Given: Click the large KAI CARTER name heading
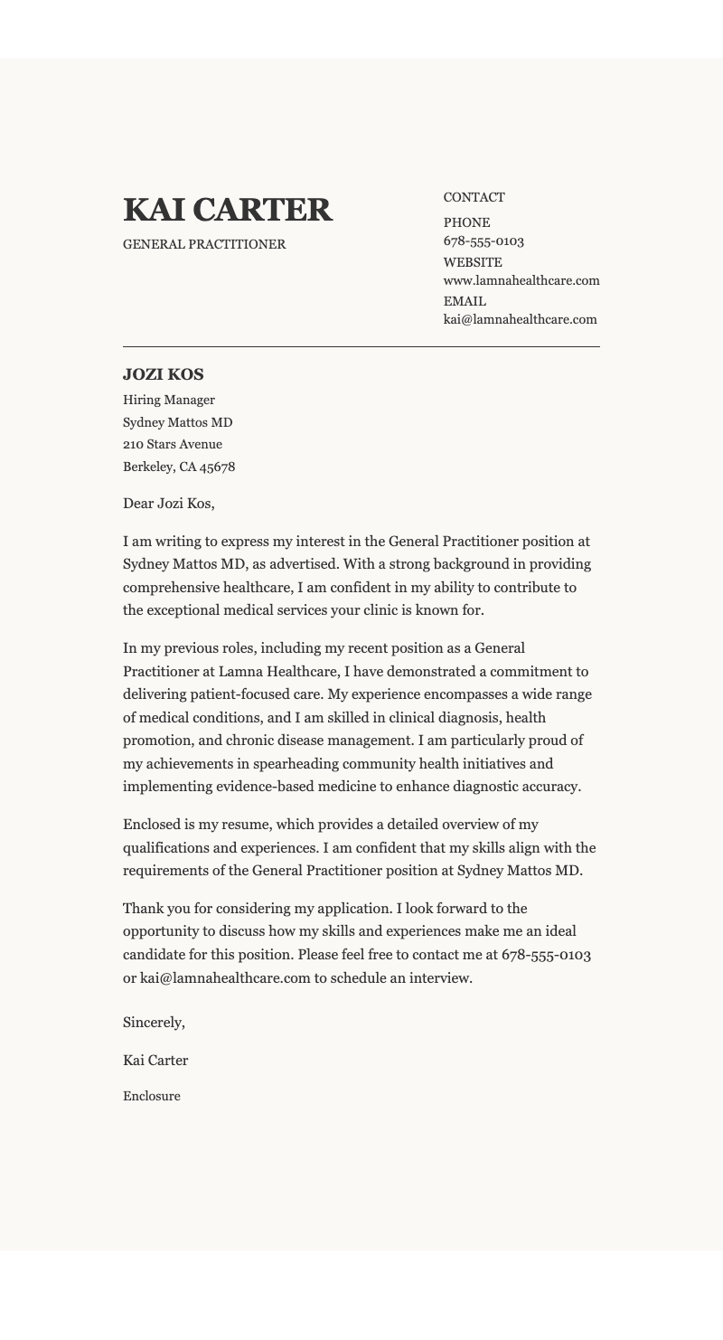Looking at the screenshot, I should pos(228,210).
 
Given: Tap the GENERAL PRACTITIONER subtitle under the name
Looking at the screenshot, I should pos(204,244).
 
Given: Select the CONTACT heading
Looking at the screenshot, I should pos(474,197).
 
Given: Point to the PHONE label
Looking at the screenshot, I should pos(466,222).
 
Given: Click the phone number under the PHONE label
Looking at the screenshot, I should pos(484,241).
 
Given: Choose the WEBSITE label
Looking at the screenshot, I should pos(472,262).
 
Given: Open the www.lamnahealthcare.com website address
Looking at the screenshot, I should pos(521,280).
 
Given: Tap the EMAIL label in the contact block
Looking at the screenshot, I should pos(465,301).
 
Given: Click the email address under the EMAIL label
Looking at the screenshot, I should pos(520,319).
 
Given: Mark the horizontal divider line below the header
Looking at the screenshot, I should pos(361,346).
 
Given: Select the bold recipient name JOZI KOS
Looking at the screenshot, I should pos(164,374).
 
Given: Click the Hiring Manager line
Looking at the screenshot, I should pos(169,400).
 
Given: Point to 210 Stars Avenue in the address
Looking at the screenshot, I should pos(173,444).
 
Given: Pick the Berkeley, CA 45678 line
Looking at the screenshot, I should pos(179,467).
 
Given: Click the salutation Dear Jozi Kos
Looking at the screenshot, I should pos(168,504).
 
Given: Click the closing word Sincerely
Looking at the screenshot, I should pos(154,1023).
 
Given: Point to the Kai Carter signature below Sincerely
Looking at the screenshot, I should pos(155,1061).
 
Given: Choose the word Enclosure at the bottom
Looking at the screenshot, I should pos(152,1096).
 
